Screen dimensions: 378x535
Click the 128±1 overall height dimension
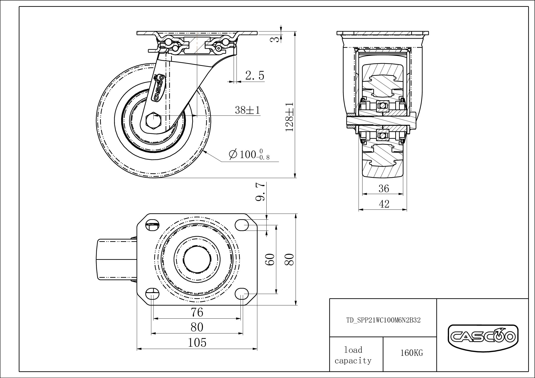click(289, 117)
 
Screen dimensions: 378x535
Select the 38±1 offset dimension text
click(247, 110)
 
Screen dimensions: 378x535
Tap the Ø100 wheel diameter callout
click(249, 155)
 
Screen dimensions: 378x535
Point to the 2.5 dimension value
click(254, 75)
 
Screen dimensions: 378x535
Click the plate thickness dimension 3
click(277, 39)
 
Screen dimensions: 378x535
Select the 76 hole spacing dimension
click(197, 312)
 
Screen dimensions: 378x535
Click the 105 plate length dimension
click(197, 343)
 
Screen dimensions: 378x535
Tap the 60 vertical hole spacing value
click(270, 259)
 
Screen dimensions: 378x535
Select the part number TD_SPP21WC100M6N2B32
click(383, 320)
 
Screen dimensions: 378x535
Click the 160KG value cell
click(411, 353)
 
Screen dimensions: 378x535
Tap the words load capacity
click(353, 355)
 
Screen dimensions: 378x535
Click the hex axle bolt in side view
click(154, 120)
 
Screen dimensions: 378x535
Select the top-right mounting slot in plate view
click(242, 225)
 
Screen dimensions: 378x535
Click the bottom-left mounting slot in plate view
click(153, 294)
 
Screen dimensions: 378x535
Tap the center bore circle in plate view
click(197, 260)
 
